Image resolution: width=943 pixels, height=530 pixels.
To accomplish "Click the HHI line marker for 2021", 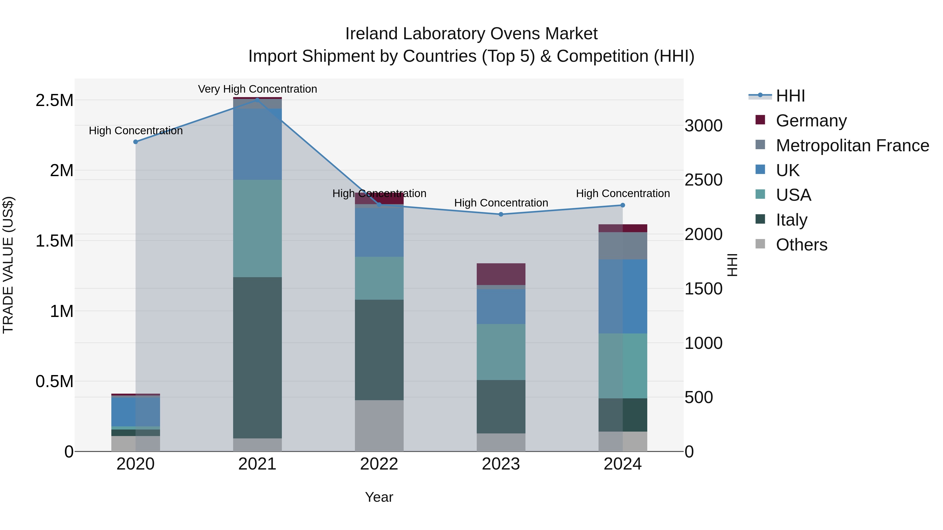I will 257,99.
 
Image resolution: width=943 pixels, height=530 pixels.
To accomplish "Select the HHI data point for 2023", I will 501,214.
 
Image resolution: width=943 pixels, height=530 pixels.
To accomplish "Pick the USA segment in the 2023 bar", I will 501,352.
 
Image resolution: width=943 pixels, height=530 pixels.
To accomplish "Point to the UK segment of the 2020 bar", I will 135,411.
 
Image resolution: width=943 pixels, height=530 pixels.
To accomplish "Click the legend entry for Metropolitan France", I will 852,145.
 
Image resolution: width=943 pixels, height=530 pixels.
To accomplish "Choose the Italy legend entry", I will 791,220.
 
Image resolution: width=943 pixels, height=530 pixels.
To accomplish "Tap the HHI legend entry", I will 790,96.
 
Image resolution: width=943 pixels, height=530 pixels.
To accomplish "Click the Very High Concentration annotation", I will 257,89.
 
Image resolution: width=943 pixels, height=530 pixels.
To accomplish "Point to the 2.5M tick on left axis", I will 54,100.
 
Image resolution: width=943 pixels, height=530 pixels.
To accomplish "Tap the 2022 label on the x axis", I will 379,464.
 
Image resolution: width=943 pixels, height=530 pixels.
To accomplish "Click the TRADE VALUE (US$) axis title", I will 8,265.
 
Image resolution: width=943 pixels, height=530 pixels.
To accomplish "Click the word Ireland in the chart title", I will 371,34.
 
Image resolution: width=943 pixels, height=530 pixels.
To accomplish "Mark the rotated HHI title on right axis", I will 732,265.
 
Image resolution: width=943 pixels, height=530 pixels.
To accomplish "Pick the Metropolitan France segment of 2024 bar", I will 623,246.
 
